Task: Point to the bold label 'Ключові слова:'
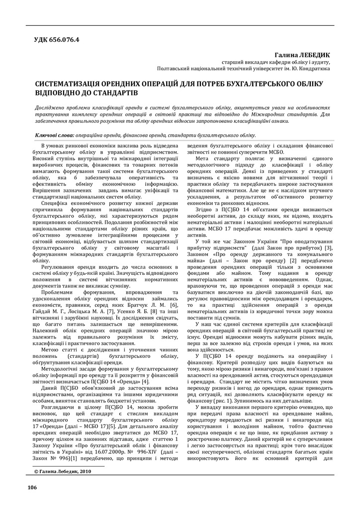point(55,135)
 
